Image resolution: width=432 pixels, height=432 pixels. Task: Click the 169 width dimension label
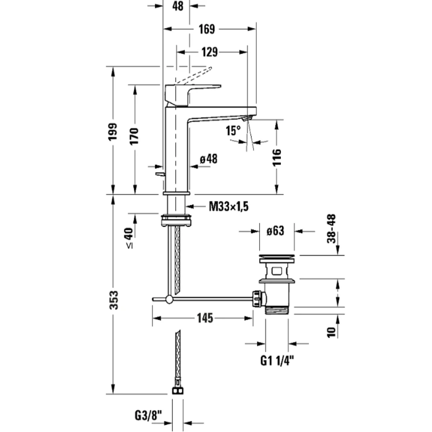coord(206,29)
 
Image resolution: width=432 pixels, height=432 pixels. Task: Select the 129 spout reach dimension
coord(210,52)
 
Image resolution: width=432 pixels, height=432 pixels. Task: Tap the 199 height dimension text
coord(113,131)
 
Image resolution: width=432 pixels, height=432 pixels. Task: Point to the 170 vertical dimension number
coord(134,136)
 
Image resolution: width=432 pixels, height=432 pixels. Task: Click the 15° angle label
coord(233,131)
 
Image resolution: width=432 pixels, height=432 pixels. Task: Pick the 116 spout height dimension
coord(277,157)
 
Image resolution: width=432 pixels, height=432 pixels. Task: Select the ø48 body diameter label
coord(209,159)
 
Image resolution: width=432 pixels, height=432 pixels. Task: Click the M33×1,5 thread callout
coord(229,206)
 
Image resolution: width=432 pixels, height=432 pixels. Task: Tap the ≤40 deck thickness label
coord(129,238)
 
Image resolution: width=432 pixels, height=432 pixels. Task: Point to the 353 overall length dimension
coord(114,300)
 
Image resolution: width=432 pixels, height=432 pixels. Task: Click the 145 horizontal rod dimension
coord(205,318)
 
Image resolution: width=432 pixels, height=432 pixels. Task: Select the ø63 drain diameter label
coord(276,231)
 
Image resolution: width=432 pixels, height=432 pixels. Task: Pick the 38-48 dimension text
coord(332,229)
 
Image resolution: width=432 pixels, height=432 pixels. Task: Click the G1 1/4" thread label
coord(277,360)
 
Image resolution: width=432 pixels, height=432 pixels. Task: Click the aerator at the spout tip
coord(247,118)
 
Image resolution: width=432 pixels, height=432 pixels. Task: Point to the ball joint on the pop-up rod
coord(169,299)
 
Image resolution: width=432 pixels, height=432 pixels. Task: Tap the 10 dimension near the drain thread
coord(331,332)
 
